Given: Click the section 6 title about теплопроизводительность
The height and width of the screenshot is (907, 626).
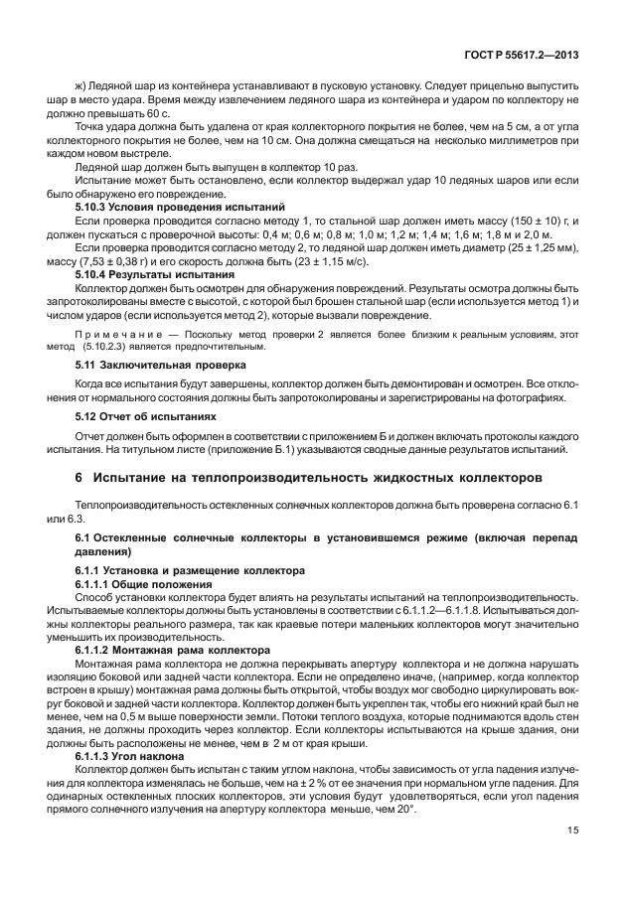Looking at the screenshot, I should [308, 479].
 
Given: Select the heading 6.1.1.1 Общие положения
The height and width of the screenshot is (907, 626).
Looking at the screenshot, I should [144, 585].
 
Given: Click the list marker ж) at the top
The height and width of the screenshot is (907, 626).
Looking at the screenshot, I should [82, 85].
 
